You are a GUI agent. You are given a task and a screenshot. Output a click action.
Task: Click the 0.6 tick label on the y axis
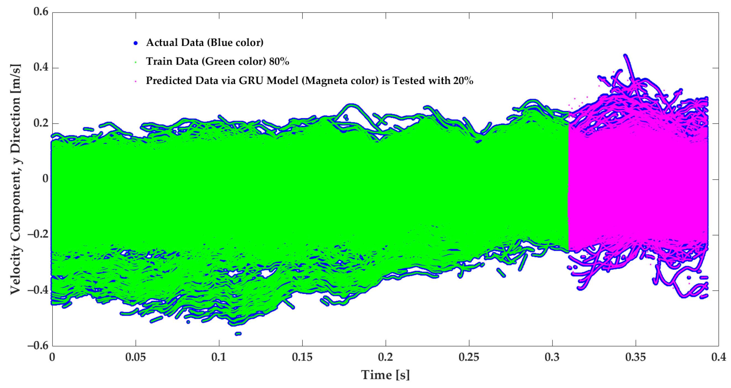coord(41,12)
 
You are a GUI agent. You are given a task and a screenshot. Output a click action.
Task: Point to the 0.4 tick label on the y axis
coord(41,67)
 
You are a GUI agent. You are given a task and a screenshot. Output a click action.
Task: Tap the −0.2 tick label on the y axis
coord(38,235)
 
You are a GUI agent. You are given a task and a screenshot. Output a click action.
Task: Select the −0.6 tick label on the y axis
coord(38,346)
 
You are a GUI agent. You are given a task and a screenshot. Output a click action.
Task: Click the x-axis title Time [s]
coord(385,375)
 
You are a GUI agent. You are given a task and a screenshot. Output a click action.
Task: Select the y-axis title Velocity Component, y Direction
coord(15,179)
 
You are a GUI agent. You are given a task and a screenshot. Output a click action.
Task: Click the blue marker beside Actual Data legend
coord(136,43)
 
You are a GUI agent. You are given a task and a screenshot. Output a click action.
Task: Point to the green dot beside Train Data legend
coord(136,62)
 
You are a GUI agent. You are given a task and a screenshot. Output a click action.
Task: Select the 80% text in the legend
coord(279,62)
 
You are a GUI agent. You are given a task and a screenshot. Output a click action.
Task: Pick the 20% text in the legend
coord(463,80)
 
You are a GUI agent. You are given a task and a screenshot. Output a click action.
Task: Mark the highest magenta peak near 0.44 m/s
coord(625,56)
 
